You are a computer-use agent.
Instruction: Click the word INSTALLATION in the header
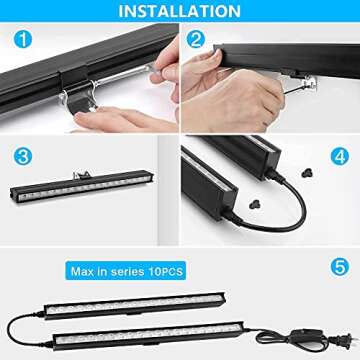coord(180,13)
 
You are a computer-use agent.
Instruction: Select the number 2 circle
coord(197,41)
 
